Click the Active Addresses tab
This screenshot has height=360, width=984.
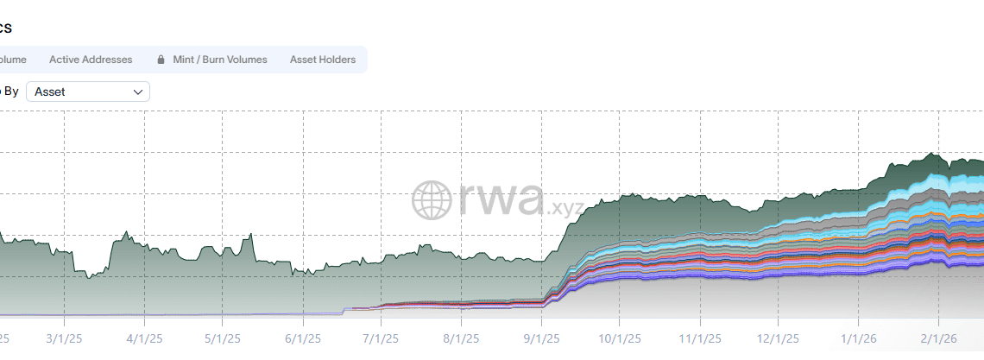91,60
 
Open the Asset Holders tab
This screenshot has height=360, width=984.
322,60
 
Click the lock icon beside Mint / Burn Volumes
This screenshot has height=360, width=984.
161,60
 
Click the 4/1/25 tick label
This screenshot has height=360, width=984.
143,338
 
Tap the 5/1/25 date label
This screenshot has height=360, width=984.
223,338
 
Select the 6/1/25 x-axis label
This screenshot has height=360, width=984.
302,338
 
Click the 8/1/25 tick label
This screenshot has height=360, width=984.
461,338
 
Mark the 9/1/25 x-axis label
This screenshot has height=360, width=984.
541,338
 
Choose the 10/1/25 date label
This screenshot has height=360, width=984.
618,338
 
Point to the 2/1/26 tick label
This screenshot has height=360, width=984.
938,338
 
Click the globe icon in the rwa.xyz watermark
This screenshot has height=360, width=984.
432,199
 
